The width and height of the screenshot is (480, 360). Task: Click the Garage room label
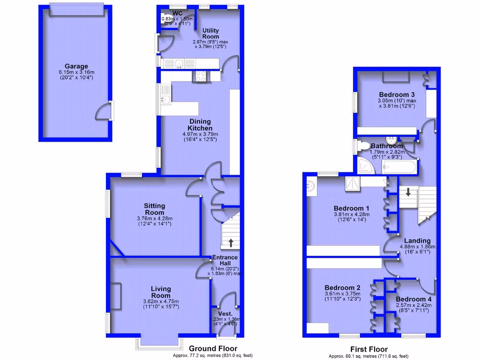[76, 67]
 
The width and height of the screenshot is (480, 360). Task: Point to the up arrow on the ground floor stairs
[231, 243]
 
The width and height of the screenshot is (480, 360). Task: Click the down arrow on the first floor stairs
[408, 192]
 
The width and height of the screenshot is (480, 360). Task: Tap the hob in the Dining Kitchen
[201, 75]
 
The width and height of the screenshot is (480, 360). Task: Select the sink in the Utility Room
[179, 64]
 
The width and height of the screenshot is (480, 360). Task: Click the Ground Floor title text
[213, 349]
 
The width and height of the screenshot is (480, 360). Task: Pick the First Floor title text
[369, 349]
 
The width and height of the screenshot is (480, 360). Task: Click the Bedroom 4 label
[413, 299]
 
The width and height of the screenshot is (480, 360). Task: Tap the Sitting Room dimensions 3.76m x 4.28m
[154, 218]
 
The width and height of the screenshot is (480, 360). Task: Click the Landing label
[417, 240]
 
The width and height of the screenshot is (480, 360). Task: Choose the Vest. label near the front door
[226, 314]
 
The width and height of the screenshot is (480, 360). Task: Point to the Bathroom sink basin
[391, 140]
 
